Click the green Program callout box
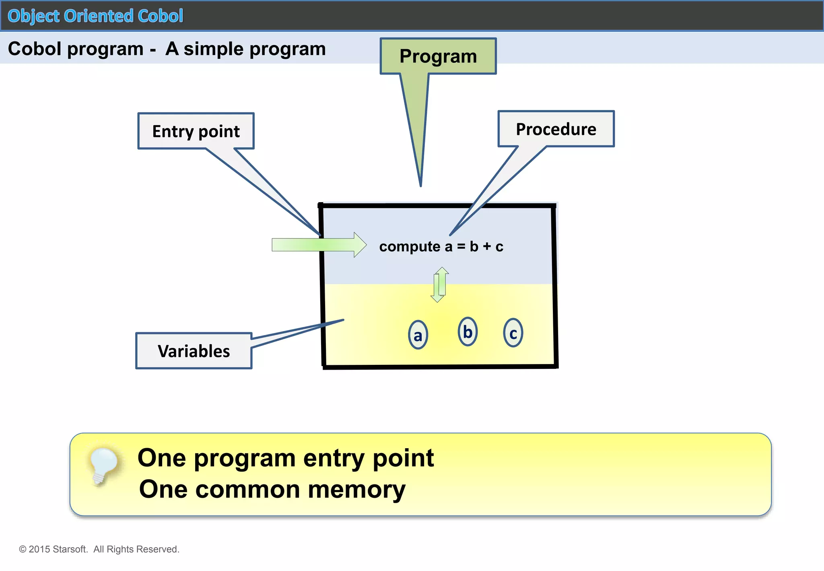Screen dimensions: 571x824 coord(438,56)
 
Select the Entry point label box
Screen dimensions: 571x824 coord(196,131)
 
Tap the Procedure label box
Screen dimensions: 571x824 coord(556,129)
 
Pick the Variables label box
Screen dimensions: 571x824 coord(194,351)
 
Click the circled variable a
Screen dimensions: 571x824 coord(418,335)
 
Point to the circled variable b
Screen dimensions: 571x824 coord(468,332)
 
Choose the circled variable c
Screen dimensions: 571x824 coord(513,333)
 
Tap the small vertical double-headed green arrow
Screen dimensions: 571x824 coord(439,285)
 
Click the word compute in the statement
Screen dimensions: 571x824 coord(410,246)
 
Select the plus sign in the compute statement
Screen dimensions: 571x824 coord(487,246)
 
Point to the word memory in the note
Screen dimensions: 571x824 coord(356,490)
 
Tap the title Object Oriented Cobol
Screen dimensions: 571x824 coord(95,16)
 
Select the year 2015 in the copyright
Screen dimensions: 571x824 coord(39,549)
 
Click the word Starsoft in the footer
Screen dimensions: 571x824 coord(70,549)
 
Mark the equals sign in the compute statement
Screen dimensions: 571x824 coord(461,246)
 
